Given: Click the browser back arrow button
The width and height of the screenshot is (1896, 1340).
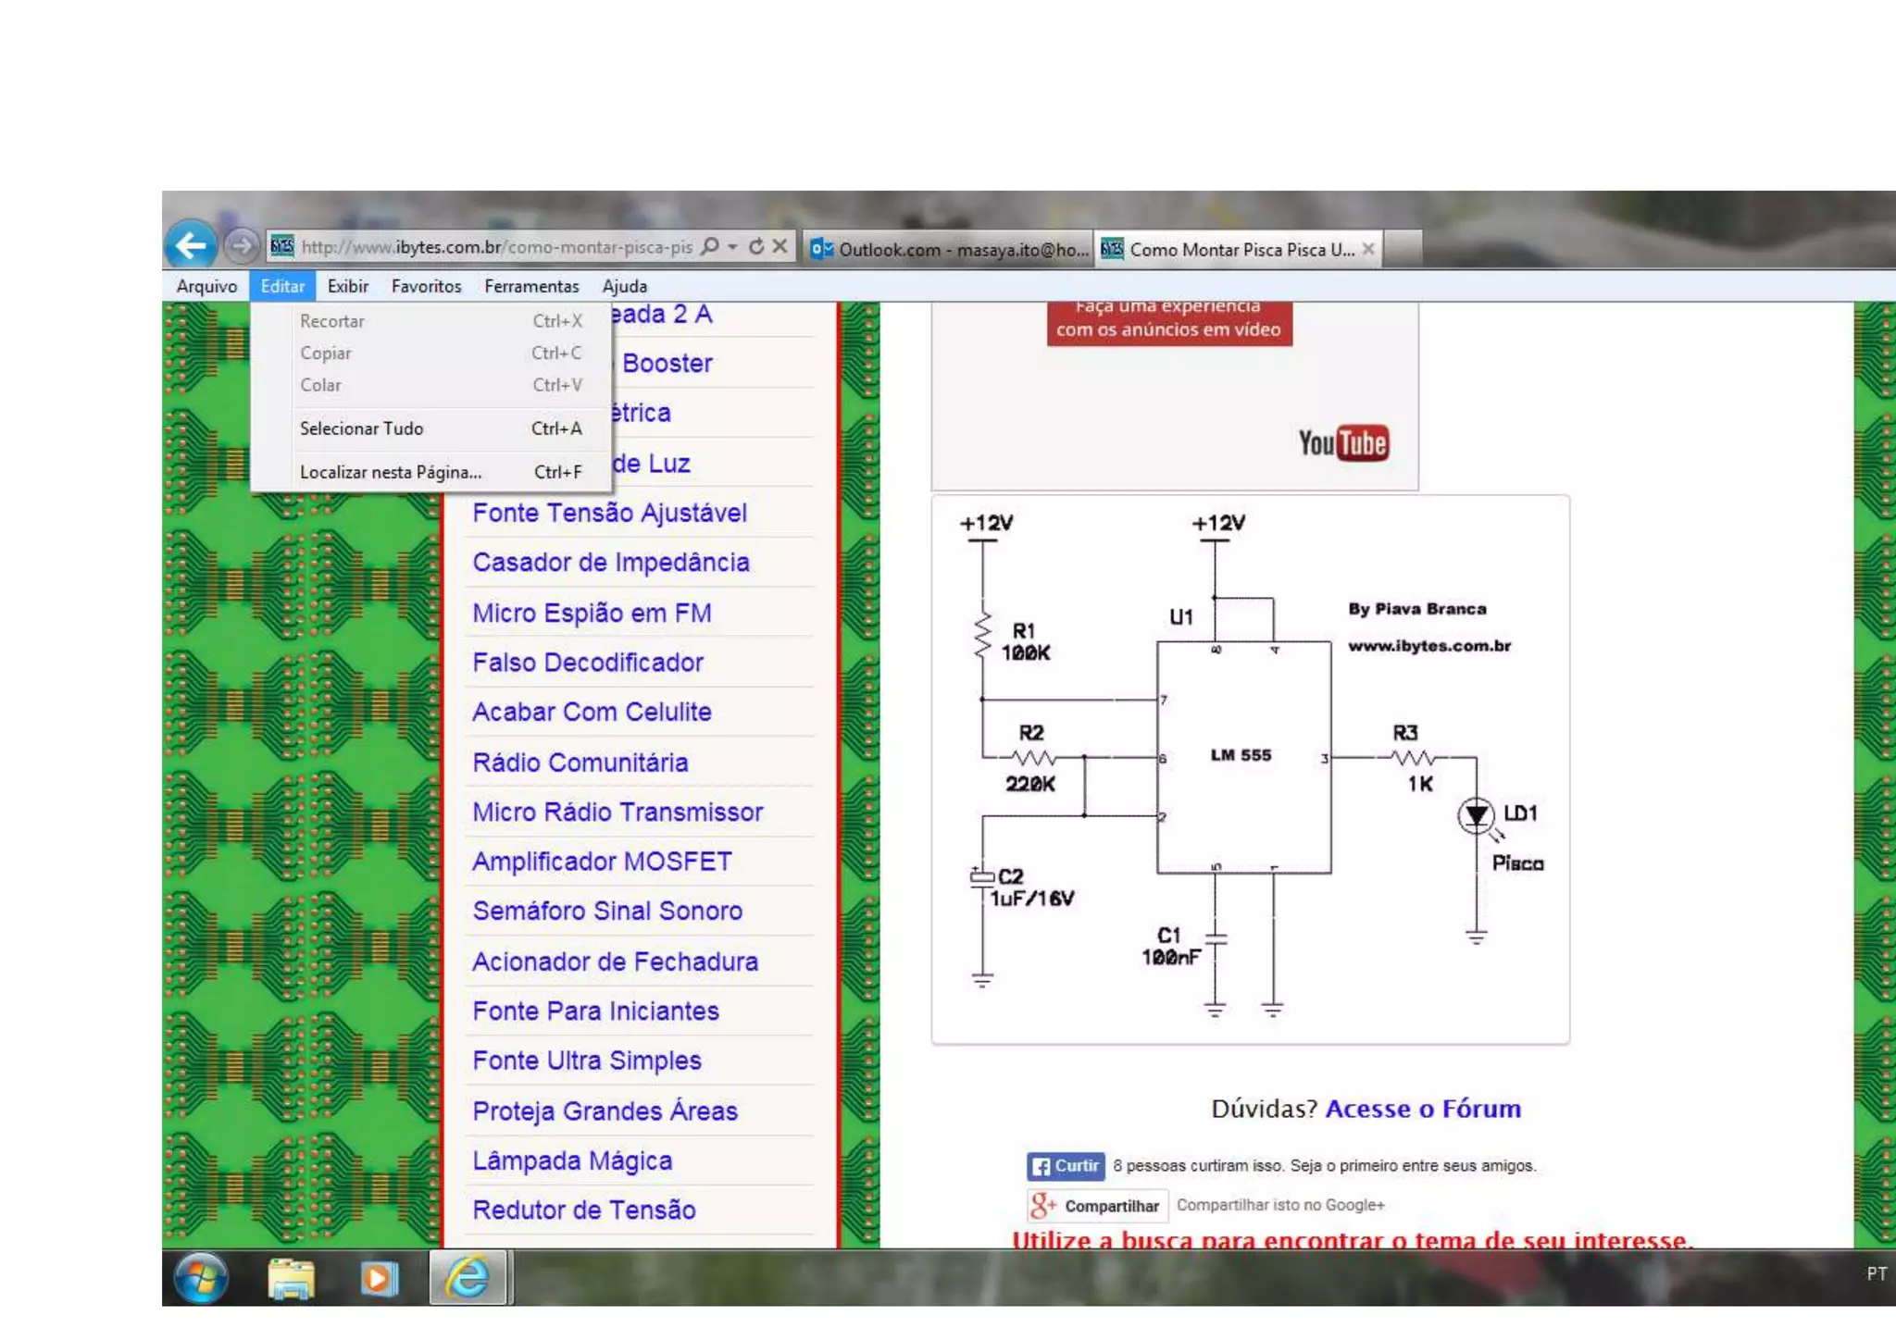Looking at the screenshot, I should [x=192, y=245].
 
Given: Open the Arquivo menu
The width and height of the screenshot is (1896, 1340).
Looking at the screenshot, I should [x=206, y=286].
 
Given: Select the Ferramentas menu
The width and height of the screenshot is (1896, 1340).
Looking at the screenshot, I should [x=531, y=286].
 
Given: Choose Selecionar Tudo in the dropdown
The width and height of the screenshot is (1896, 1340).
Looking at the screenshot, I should [x=361, y=428].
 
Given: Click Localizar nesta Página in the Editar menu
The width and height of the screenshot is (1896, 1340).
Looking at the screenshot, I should [x=390, y=472].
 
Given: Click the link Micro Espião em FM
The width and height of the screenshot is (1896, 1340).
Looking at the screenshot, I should [x=592, y=613].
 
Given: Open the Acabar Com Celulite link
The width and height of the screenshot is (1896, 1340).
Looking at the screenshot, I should [x=592, y=712].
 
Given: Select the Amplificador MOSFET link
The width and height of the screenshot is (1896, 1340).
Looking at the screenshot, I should [x=602, y=862].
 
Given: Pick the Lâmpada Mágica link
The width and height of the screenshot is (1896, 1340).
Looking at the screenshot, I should [x=572, y=1160].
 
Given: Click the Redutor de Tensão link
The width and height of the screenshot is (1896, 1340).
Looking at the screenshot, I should [x=584, y=1210].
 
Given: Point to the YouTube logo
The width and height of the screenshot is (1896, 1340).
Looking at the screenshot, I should [x=1343, y=443].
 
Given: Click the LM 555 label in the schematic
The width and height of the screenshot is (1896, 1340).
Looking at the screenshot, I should [x=1241, y=755].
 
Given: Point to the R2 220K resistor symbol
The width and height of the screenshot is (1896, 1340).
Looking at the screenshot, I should [x=1033, y=758].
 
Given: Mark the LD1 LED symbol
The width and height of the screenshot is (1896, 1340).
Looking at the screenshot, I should [x=1476, y=815].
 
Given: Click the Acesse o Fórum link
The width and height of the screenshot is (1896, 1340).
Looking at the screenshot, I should [x=1423, y=1109].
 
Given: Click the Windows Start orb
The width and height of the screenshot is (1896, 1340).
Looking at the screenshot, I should [x=201, y=1278].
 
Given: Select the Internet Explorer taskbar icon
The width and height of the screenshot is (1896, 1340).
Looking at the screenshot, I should [x=468, y=1278].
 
